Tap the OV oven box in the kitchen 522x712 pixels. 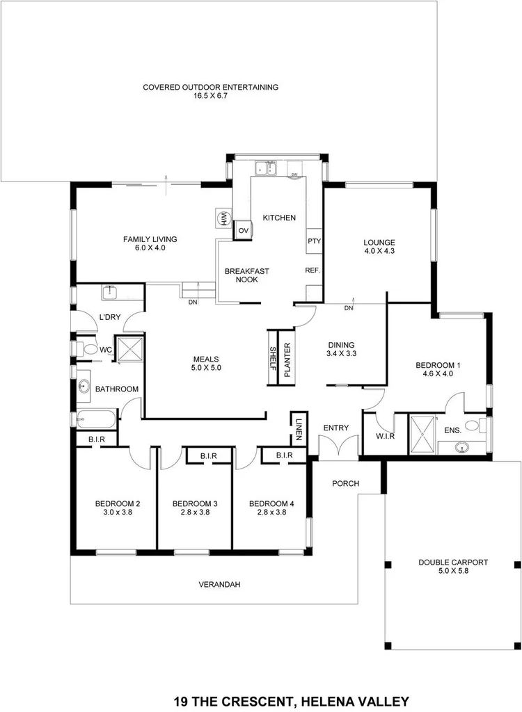[x=243, y=230]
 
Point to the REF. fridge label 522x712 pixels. [x=312, y=270]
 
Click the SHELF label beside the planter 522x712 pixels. [x=273, y=357]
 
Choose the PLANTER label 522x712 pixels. [x=286, y=360]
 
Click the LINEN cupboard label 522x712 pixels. [x=299, y=428]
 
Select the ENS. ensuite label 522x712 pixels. [x=452, y=431]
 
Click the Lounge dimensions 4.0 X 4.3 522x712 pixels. [x=379, y=252]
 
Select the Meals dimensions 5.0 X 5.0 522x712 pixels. [x=207, y=368]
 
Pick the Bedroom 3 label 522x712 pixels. [x=195, y=503]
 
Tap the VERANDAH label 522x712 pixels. [x=219, y=585]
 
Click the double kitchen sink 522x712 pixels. [x=266, y=167]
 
